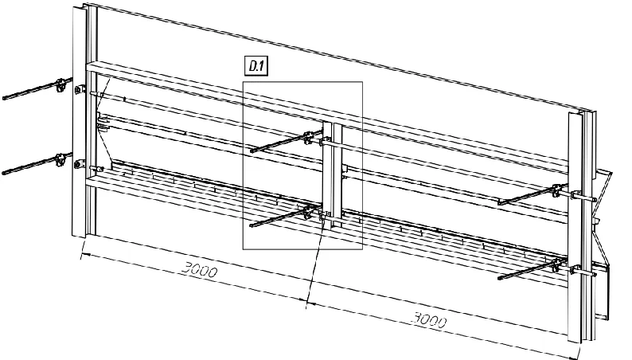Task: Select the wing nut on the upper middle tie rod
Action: (x=307, y=137)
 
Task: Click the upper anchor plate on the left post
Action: (x=78, y=90)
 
